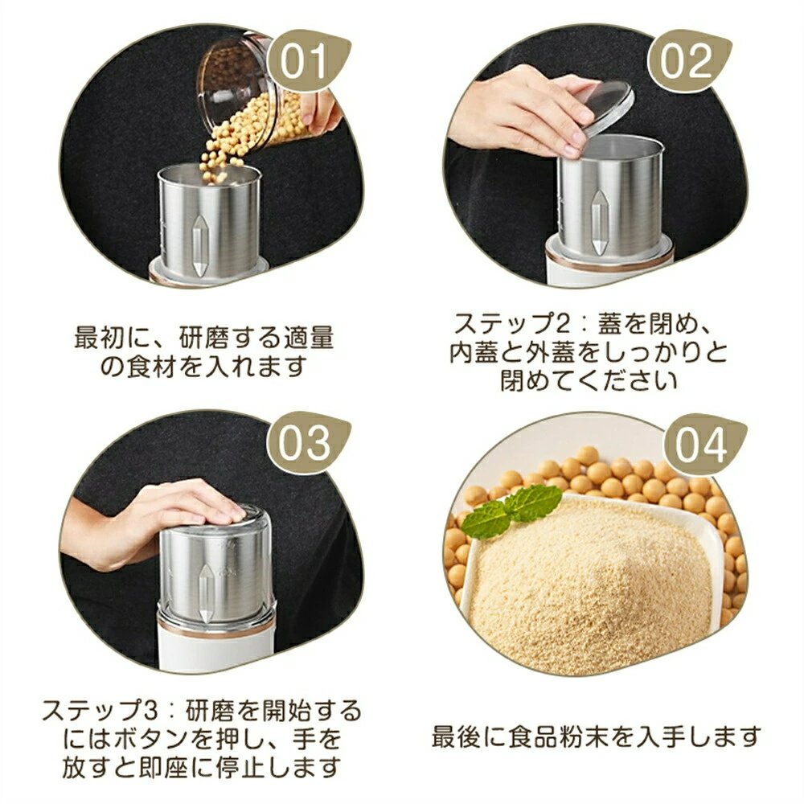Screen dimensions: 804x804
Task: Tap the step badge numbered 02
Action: [x=687, y=60]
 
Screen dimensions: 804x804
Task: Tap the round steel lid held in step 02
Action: [x=608, y=107]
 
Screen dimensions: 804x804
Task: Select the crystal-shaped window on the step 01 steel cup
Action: [x=198, y=244]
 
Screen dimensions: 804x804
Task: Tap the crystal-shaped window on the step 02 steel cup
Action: [x=598, y=222]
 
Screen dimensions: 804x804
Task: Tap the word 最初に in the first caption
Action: [x=113, y=338]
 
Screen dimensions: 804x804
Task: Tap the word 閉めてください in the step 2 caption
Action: [x=589, y=380]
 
